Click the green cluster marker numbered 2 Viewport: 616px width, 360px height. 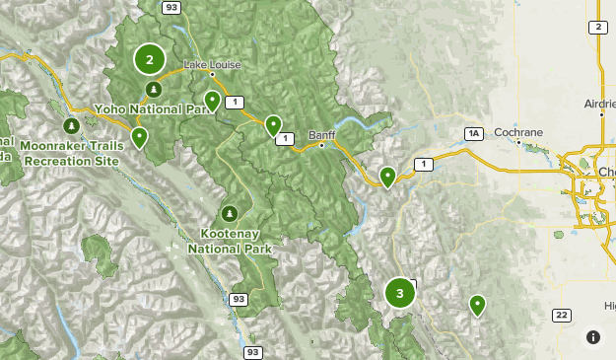click(x=150, y=60)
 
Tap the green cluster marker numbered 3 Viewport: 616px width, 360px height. click(x=399, y=293)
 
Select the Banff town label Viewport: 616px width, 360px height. click(x=321, y=134)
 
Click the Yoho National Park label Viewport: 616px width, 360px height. click(x=155, y=108)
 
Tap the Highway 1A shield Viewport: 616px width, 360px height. click(x=475, y=133)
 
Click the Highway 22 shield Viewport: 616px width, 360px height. click(x=561, y=315)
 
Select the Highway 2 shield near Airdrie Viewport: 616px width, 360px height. click(x=597, y=27)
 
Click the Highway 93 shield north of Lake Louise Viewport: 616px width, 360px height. click(x=171, y=7)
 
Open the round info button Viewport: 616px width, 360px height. click(x=593, y=337)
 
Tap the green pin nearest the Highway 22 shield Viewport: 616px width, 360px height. click(x=478, y=305)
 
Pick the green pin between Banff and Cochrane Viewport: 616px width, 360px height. click(x=388, y=177)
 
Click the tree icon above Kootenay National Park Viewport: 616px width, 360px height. click(x=229, y=213)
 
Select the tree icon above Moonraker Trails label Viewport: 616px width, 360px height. click(x=71, y=126)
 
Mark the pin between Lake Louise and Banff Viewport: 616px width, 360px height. click(x=273, y=125)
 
